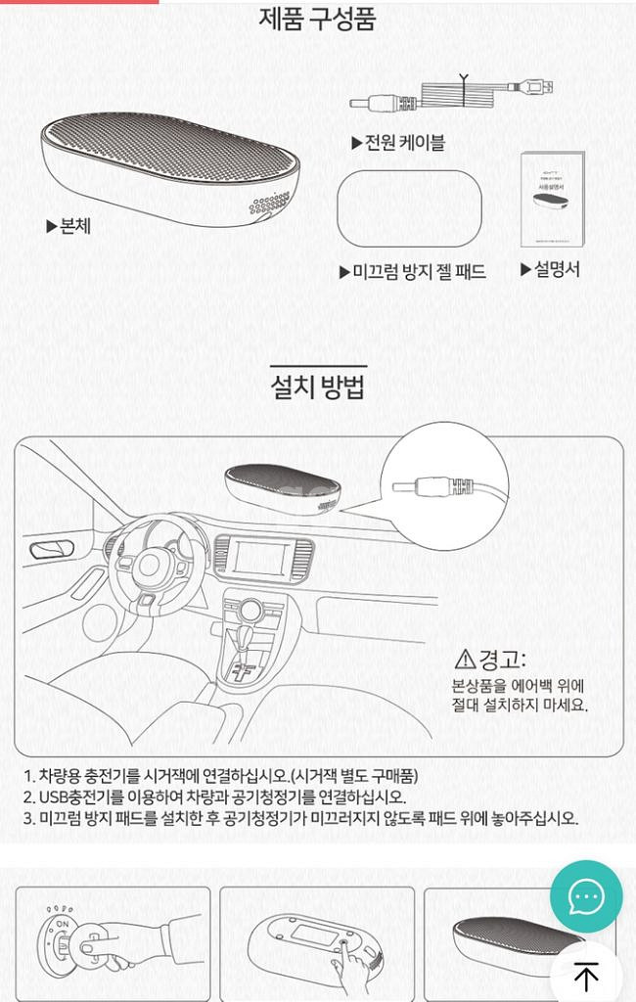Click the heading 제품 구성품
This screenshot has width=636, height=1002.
pyautogui.click(x=318, y=19)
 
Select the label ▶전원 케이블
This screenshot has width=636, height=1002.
pyautogui.click(x=398, y=143)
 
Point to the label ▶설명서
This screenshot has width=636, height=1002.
pyautogui.click(x=550, y=269)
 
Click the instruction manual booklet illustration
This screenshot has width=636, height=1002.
pyautogui.click(x=552, y=199)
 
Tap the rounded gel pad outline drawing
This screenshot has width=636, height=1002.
pyautogui.click(x=408, y=208)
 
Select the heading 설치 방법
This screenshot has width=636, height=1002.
pyautogui.click(x=318, y=386)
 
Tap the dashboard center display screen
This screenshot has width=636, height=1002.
pyautogui.click(x=261, y=558)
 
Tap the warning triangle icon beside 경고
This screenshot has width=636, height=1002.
pyautogui.click(x=465, y=659)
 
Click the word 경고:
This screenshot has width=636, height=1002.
pyautogui.click(x=502, y=659)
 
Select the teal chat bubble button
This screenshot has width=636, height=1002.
pyautogui.click(x=585, y=896)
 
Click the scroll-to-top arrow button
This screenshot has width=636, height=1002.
pyautogui.click(x=585, y=976)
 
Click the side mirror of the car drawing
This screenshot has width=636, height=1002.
pyautogui.click(x=46, y=551)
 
